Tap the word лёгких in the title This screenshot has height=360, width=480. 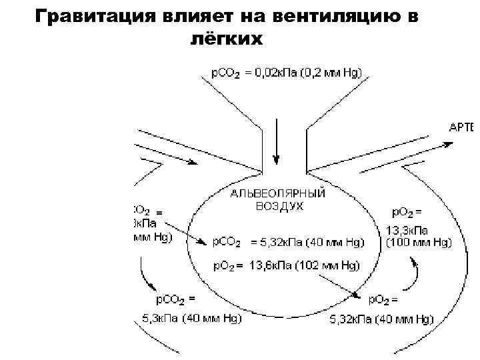tap(228, 39)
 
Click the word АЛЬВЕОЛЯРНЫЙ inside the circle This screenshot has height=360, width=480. tap(277, 193)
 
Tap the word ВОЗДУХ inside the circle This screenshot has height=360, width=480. tap(279, 206)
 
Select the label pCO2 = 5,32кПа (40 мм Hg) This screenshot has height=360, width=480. tap(289, 241)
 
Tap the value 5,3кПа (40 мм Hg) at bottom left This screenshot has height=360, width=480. tap(191, 319)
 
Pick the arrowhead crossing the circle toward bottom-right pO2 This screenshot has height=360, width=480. tap(359, 296)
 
